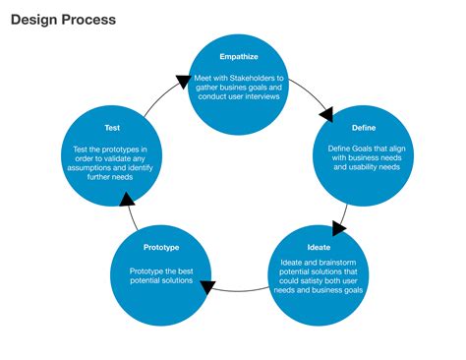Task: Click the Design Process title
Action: (x=62, y=20)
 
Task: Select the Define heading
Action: (x=364, y=128)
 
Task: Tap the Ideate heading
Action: (x=320, y=246)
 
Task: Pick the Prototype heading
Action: (x=160, y=247)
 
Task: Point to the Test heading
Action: (x=112, y=128)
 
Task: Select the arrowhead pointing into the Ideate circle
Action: (x=338, y=228)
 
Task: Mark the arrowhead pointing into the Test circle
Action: (x=125, y=201)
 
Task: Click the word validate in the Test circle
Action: (x=121, y=159)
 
